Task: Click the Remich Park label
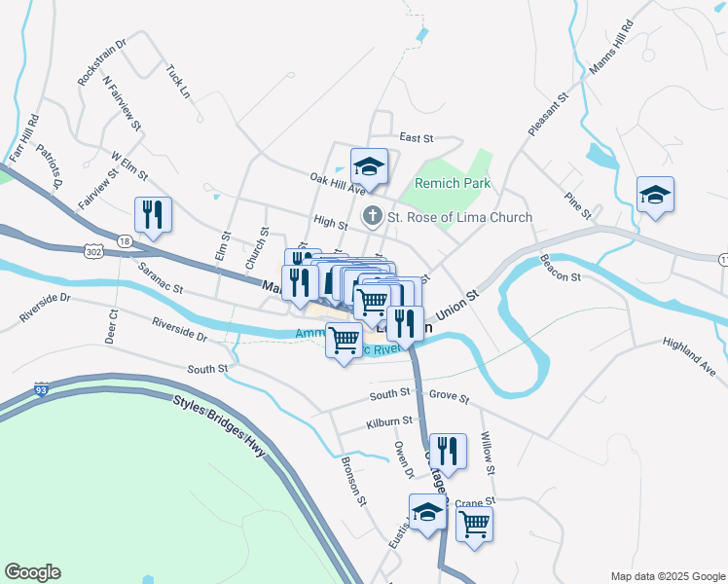[453, 183]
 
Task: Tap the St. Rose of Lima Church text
[460, 217]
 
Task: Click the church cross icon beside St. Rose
[371, 216]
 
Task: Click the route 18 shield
[123, 240]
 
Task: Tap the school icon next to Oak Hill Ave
[369, 166]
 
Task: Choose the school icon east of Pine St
[656, 195]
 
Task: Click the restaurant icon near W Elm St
[153, 214]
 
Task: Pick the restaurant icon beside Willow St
[448, 451]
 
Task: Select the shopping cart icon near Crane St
[474, 523]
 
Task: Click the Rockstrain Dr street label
[102, 61]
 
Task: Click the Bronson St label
[351, 482]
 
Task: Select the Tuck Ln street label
[177, 81]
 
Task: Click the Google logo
[32, 572]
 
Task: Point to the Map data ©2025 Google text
[667, 575]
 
